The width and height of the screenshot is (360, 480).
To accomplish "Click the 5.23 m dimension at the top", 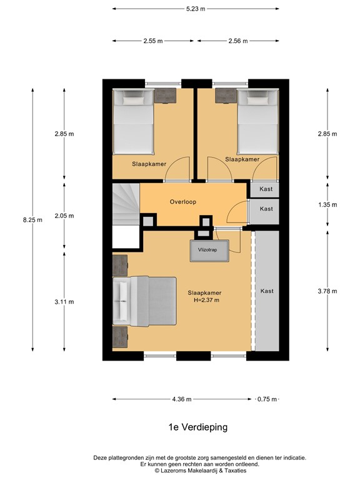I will (195, 9).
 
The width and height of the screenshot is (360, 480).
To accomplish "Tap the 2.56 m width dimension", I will (237, 41).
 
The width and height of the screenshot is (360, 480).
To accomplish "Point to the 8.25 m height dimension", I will (32, 219).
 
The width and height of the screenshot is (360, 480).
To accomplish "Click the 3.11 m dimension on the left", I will (64, 301).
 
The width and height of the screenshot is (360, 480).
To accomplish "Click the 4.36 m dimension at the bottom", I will (182, 399).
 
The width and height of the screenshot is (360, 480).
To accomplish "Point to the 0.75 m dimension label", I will (267, 399).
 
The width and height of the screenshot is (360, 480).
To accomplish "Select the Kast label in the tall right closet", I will (267, 291).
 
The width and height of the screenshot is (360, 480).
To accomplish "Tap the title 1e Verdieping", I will (197, 427).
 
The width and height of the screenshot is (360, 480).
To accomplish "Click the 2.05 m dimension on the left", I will (64, 216).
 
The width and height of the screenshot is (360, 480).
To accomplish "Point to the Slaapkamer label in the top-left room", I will (148, 164).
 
